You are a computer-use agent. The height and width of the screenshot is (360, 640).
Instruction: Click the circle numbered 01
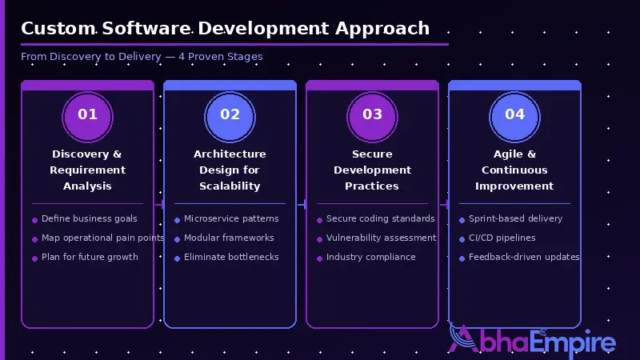coord(87,114)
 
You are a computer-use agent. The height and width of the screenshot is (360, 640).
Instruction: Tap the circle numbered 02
coord(230,114)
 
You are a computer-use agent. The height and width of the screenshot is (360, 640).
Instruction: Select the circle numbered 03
coord(372,114)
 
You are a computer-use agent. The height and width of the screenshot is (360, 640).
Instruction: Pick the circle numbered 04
coord(514,114)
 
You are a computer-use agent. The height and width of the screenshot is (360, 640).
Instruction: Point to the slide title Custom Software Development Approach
coord(225,29)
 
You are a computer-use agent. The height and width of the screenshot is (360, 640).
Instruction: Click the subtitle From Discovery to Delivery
coord(142,57)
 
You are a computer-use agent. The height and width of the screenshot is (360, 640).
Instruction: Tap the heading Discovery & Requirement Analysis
coord(87,170)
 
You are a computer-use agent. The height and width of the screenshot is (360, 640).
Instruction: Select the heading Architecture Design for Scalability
coord(230,170)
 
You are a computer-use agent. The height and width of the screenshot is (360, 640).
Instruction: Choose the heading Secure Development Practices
coord(372,170)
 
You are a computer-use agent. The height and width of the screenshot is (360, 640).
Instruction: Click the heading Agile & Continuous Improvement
coord(514,170)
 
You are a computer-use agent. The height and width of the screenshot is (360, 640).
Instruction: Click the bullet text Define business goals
coord(90,218)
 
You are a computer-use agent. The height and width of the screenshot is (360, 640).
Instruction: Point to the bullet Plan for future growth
coord(90,257)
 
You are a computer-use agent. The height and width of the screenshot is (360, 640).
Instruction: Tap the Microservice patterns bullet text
coord(231,218)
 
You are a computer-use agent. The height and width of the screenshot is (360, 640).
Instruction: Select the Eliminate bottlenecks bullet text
coord(231,257)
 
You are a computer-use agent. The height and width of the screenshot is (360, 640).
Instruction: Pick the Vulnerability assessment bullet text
coord(381,238)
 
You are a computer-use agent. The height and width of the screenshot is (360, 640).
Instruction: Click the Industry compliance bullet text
coord(370,257)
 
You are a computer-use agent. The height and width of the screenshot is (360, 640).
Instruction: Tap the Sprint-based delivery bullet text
coord(515,218)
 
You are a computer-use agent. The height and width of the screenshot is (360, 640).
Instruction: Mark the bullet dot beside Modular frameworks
coord(177,238)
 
